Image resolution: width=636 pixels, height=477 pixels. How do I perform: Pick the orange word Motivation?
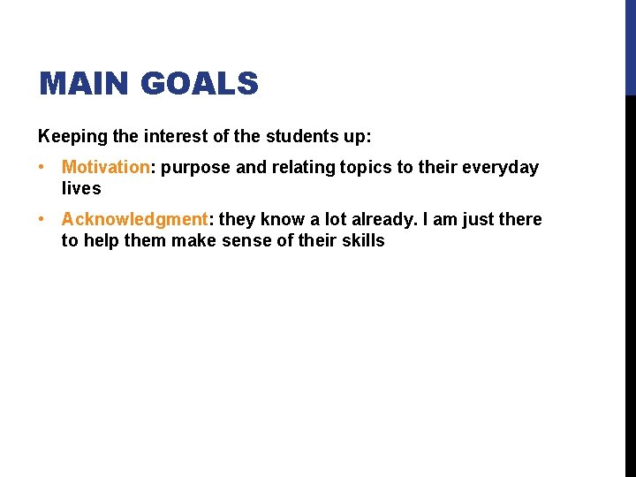106,167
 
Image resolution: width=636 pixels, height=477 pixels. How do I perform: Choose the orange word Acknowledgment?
133,219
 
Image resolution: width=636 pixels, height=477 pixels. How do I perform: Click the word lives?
81,188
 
